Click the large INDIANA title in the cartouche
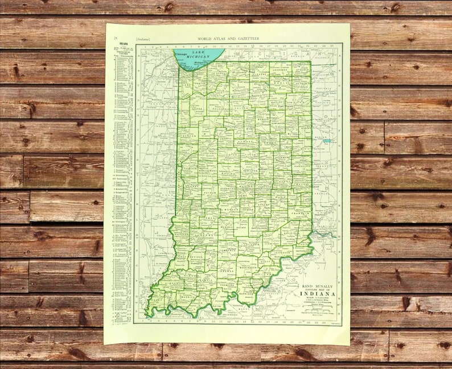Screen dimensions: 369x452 (318, 294)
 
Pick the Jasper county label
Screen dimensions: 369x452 (198, 106)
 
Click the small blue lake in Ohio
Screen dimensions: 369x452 (327, 140)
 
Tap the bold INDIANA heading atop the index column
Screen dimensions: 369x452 (116, 47)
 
